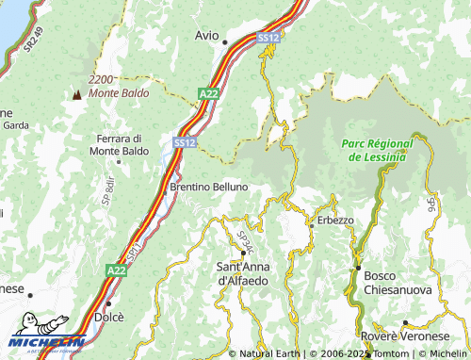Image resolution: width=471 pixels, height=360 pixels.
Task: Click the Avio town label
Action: (x=206, y=35)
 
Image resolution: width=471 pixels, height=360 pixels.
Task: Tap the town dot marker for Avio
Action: (x=224, y=42)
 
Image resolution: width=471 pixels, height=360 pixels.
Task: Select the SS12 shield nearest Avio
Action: (x=268, y=37)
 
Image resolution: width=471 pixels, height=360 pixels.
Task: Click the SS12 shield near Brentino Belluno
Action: (x=185, y=141)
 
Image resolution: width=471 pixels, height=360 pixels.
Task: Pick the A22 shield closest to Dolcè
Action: (x=116, y=270)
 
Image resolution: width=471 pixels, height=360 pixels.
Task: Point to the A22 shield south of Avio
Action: (x=209, y=92)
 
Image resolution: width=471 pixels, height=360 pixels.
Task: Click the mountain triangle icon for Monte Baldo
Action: (x=74, y=94)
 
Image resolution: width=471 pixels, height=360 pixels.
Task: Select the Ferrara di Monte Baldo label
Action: (x=121, y=144)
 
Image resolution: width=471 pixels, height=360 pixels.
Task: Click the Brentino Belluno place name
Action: (x=208, y=187)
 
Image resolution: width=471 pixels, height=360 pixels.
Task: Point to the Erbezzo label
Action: (x=335, y=220)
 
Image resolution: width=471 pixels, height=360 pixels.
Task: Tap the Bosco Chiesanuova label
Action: (x=398, y=284)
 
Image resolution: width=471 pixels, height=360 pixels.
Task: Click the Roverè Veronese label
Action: (x=406, y=336)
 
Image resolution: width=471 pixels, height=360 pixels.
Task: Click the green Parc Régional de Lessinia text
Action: (x=376, y=151)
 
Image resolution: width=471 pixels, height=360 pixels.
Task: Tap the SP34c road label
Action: (x=246, y=242)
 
